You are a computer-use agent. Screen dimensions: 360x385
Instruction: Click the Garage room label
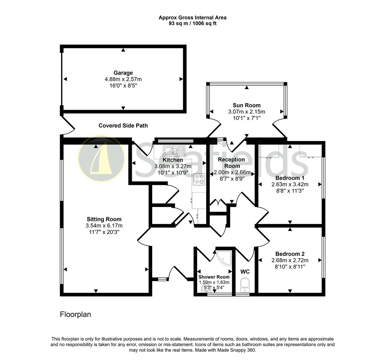point(123,73)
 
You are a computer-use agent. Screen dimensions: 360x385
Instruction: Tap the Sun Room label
point(247,105)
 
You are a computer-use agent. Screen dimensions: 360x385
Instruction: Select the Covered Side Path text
point(123,126)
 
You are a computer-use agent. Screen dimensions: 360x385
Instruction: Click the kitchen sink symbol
point(174,151)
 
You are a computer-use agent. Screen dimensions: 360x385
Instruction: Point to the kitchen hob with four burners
point(199,179)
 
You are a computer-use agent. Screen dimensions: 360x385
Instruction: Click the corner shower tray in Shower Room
point(224,257)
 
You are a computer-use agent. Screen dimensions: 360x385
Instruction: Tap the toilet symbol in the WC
point(245,285)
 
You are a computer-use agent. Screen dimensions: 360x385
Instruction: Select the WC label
point(245,272)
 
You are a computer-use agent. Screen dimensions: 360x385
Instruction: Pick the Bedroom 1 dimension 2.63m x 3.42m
point(290,184)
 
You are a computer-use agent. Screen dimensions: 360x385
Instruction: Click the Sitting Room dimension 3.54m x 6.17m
point(104,225)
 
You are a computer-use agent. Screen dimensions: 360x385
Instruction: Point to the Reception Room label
point(232,163)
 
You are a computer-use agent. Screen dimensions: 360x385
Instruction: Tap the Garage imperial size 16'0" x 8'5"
point(123,85)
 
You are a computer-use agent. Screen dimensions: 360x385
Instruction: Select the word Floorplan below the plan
point(75,314)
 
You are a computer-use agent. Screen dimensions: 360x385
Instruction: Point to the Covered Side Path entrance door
point(68,126)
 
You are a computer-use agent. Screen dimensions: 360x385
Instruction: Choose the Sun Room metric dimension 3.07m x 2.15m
point(247,112)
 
